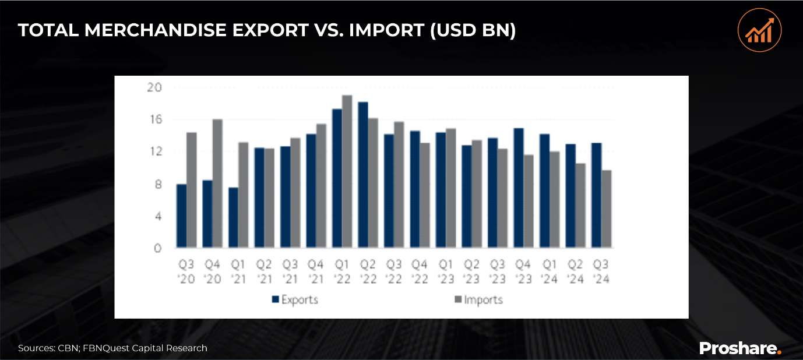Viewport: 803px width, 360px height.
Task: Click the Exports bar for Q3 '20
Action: tap(182, 217)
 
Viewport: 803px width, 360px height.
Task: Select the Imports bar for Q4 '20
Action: tap(218, 184)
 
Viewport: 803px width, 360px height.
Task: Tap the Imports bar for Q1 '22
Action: tap(347, 172)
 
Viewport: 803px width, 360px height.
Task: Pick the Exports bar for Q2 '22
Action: tap(363, 175)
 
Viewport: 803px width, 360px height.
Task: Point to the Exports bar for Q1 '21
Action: tap(233, 218)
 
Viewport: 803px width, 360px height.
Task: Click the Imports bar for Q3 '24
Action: tap(606, 210)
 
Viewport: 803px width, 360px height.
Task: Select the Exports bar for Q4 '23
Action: tap(518, 188)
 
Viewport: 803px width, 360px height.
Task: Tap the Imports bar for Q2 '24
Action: tap(580, 206)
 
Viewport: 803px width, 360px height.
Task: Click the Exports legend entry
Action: tap(295, 300)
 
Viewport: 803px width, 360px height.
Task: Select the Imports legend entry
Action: tap(478, 300)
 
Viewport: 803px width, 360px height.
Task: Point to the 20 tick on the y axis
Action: tap(154, 87)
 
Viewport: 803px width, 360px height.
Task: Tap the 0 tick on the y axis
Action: tap(157, 249)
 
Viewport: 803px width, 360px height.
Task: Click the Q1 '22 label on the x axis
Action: tap(342, 272)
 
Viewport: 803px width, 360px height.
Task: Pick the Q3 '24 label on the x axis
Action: tap(601, 272)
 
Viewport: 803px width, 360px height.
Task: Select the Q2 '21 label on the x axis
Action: tap(265, 272)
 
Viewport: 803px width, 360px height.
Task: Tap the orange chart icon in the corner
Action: tap(759, 30)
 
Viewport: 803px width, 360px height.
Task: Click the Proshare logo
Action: tap(739, 348)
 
